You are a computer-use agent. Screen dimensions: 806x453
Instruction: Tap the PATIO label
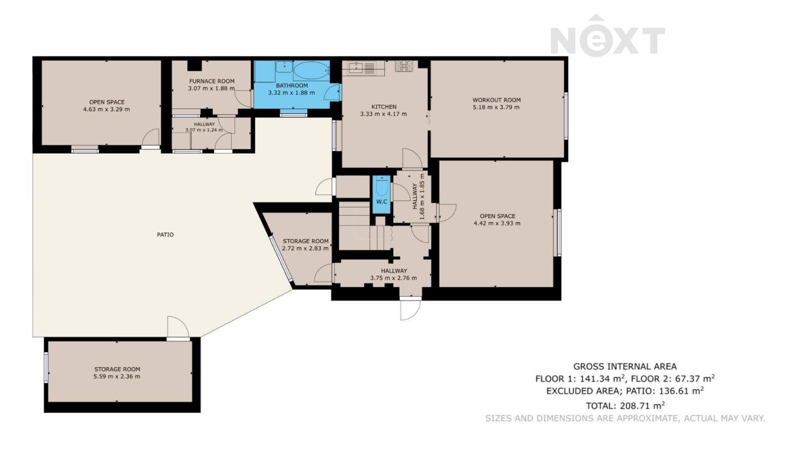coord(165,235)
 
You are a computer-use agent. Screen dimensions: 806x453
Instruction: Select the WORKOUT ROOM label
coord(496,100)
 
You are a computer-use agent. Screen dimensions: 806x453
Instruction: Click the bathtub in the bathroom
coord(311,70)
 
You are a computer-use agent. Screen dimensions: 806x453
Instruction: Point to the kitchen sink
coord(356,68)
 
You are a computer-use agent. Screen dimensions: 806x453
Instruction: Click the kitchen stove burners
coord(404,66)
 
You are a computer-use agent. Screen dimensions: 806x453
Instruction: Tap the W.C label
coord(382,202)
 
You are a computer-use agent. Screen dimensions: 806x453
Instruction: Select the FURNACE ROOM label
coord(212,81)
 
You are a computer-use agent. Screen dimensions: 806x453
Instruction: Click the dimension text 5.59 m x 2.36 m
coord(117,377)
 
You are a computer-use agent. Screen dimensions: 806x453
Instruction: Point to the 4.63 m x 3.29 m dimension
coord(106,109)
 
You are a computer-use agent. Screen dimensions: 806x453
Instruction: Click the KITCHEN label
coord(384,107)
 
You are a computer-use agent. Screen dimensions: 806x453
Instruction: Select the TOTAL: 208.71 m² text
coord(625,406)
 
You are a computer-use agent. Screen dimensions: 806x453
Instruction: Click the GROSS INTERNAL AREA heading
coord(625,367)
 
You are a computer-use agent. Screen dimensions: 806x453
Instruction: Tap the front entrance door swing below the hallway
coord(411,310)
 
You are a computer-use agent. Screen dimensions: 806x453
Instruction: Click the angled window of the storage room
coord(282,259)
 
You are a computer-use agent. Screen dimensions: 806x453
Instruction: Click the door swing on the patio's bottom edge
coord(178,327)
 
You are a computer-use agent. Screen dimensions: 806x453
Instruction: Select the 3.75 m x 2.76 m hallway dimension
coord(394,278)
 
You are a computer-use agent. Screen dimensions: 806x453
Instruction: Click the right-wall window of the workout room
coord(566,116)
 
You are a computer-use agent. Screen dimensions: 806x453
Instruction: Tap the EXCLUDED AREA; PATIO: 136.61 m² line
coord(625,391)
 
